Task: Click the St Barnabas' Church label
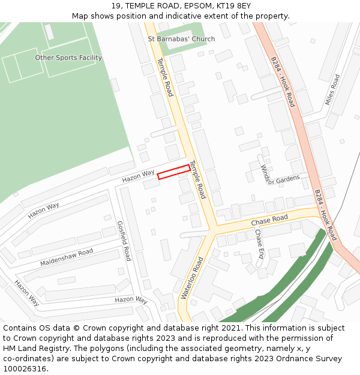(x=181, y=40)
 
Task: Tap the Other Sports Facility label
(x=68, y=58)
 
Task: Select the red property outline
(x=174, y=172)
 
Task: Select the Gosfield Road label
(x=124, y=240)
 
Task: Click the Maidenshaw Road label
(x=67, y=257)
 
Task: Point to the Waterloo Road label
(x=193, y=278)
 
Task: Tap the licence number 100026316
(x=25, y=369)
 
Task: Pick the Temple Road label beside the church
(x=165, y=77)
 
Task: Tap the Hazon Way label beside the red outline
(x=139, y=176)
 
